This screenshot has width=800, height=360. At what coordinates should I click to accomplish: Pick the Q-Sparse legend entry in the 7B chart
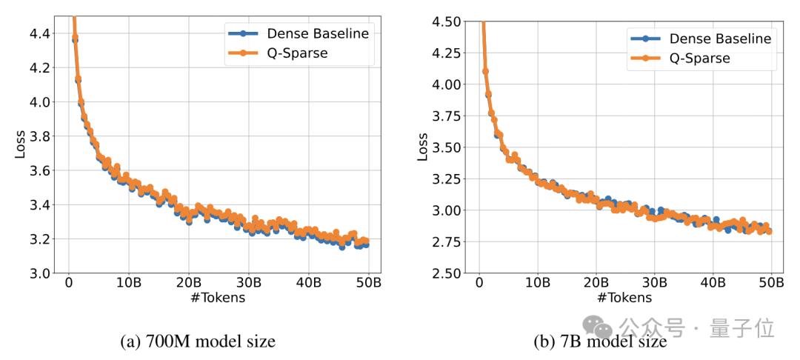(x=699, y=58)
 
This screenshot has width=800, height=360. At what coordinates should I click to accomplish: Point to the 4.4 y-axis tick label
(x=39, y=33)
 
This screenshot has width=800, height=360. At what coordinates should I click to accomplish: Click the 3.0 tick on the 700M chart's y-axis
(x=39, y=273)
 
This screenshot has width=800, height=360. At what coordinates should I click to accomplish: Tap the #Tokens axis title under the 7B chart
(x=626, y=298)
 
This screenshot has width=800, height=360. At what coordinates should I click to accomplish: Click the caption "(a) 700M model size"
(x=197, y=341)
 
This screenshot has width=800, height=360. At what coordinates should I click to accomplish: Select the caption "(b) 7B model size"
(x=600, y=341)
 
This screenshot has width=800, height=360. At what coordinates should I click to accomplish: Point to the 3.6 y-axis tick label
(x=39, y=170)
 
